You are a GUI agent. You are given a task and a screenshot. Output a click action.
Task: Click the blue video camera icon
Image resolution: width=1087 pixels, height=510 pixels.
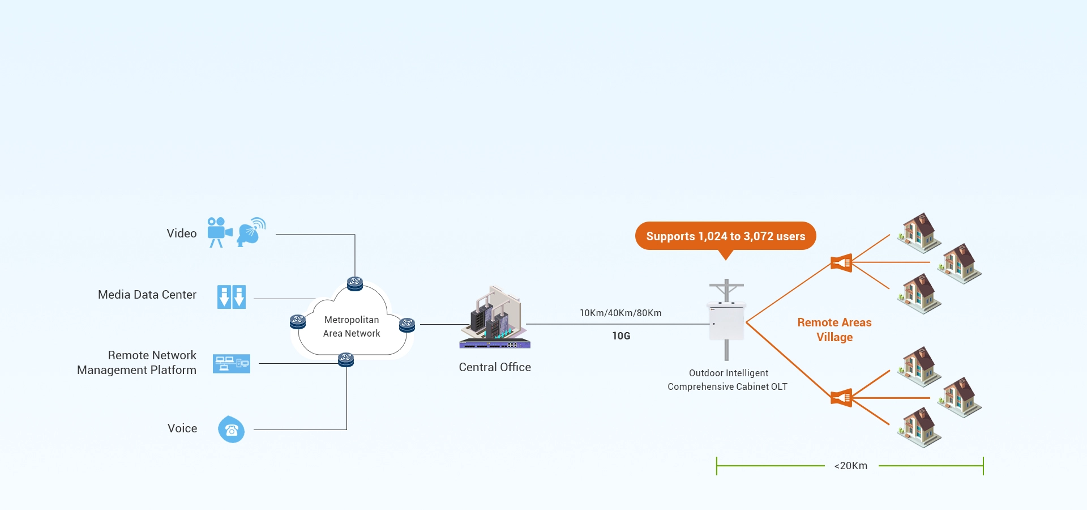click(219, 231)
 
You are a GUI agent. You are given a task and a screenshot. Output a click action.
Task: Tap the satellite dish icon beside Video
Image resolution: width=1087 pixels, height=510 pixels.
click(251, 231)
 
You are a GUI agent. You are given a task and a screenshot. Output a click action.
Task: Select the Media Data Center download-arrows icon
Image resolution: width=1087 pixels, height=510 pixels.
click(232, 297)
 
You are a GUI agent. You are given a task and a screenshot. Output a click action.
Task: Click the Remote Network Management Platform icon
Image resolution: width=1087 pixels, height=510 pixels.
click(231, 363)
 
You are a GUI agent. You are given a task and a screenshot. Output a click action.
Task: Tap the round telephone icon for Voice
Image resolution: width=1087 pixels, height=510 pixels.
click(231, 430)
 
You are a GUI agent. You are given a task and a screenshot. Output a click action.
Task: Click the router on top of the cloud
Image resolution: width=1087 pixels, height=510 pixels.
click(355, 283)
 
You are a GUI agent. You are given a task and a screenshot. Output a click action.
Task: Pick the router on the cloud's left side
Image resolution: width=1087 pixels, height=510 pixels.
click(298, 322)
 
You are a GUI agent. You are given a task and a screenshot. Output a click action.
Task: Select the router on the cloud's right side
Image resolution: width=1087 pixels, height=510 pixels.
click(407, 325)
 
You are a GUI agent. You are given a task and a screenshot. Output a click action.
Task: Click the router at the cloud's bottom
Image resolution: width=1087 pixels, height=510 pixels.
click(346, 359)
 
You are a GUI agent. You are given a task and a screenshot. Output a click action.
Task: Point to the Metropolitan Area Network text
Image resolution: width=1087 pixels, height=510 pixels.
click(352, 326)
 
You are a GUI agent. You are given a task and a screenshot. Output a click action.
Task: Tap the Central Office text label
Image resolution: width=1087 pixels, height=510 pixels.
click(495, 367)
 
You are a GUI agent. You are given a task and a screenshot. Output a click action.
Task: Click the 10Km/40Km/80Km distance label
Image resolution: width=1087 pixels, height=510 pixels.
click(620, 313)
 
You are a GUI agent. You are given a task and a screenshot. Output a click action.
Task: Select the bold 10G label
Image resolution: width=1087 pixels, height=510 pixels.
click(621, 336)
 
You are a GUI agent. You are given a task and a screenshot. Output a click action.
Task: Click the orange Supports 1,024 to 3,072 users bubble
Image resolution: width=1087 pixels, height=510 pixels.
click(725, 236)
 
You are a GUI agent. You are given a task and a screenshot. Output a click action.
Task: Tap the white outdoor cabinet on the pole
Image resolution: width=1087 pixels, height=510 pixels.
click(726, 322)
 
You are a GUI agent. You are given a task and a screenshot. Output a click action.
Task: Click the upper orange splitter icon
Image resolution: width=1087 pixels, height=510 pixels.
click(841, 263)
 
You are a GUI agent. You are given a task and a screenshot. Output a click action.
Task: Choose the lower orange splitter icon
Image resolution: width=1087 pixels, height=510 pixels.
click(841, 398)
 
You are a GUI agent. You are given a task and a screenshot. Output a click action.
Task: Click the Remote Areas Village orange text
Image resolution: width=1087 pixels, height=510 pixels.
click(834, 330)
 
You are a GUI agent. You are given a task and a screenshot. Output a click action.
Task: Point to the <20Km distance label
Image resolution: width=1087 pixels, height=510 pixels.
click(850, 466)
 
